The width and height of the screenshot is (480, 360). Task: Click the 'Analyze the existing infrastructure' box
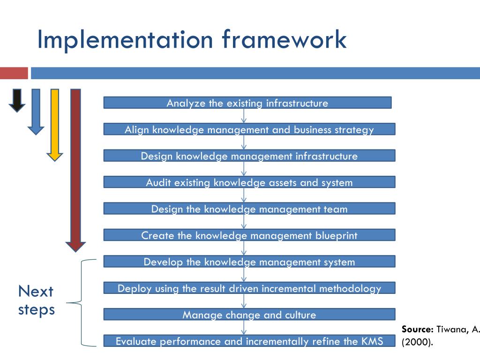point(247,103)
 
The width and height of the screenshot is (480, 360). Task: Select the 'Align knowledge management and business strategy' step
point(249,129)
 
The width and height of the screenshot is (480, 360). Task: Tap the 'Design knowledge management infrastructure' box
point(249,156)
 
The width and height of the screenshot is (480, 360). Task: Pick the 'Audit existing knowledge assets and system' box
point(249,182)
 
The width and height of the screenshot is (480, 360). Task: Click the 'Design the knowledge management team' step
point(249,209)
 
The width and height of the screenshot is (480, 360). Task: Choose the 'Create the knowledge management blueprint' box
point(249,235)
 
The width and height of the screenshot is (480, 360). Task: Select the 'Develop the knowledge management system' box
point(249,262)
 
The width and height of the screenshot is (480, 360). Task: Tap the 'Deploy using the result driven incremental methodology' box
point(249,288)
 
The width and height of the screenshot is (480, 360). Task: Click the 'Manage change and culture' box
point(249,315)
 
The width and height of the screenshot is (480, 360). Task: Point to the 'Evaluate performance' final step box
point(249,341)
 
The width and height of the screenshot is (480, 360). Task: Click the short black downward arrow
point(17,100)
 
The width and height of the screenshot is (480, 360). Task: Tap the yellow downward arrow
point(55,124)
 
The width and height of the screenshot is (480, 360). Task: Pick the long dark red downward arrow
point(75,169)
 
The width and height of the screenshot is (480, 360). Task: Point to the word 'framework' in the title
point(284,39)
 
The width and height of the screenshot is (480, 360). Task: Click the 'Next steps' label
point(36,300)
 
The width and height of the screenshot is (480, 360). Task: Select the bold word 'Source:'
point(417,329)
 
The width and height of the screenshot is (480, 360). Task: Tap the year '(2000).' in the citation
point(417,342)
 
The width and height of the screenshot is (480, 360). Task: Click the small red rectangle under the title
point(14,73)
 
